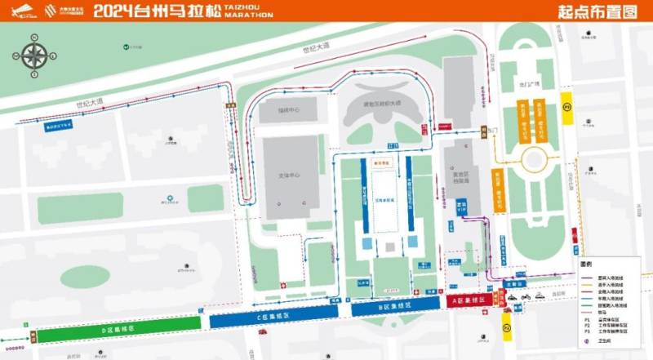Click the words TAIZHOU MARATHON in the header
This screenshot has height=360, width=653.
[248, 11]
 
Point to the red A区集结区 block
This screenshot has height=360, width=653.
[469, 300]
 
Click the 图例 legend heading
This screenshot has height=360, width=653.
[584, 264]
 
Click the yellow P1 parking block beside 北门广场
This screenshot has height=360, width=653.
[566, 107]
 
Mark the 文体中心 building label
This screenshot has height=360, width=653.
[291, 175]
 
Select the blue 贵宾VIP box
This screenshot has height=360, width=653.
[461, 206]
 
